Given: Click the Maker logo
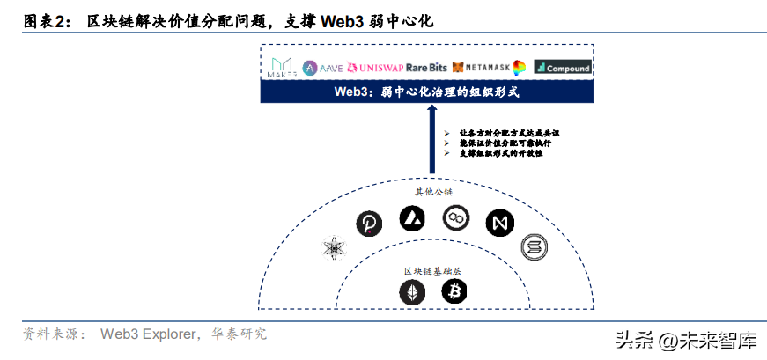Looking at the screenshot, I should click(x=284, y=68).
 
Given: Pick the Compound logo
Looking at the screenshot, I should click(x=563, y=68).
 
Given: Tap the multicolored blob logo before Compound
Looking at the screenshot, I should click(x=520, y=68).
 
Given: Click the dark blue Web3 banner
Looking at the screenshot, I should click(x=427, y=92).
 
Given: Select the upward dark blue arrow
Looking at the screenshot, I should click(x=431, y=141).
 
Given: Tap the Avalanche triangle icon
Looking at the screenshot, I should click(x=412, y=217).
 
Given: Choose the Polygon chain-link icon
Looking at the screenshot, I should click(x=457, y=217).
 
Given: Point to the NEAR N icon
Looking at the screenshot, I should click(x=499, y=222).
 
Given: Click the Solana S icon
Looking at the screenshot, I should click(x=533, y=247).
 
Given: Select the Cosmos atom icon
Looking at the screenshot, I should click(x=336, y=250).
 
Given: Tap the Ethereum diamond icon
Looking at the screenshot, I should click(x=412, y=291).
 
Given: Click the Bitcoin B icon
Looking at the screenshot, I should click(x=454, y=291).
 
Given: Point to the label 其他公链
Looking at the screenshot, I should click(x=431, y=191).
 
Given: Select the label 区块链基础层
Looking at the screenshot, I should click(x=431, y=269).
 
